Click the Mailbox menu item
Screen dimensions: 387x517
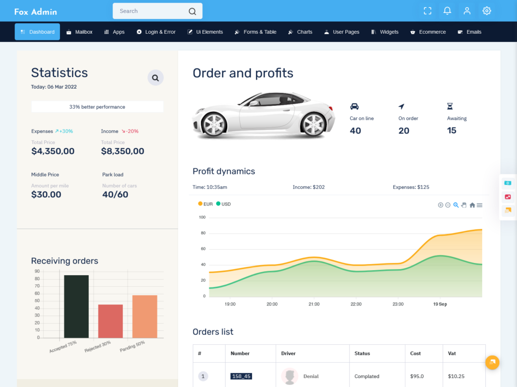80,32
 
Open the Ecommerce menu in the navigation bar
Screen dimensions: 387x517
428,32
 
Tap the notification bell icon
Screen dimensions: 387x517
447,11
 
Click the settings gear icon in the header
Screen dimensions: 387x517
486,11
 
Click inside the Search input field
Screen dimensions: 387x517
151,11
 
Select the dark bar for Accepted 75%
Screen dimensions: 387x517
76,306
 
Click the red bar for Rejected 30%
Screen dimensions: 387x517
111,321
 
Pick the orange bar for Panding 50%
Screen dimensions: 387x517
145,316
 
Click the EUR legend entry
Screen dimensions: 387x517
205,204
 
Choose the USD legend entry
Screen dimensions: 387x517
223,204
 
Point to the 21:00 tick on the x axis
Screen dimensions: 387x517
314,304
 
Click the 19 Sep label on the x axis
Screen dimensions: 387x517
440,304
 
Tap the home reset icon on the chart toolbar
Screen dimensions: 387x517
472,205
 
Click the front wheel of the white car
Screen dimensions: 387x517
213,124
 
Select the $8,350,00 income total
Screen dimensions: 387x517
122,151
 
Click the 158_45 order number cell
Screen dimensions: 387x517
241,376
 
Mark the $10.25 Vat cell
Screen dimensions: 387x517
456,376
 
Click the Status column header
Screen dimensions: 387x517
363,353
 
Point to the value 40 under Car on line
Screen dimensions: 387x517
355,131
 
